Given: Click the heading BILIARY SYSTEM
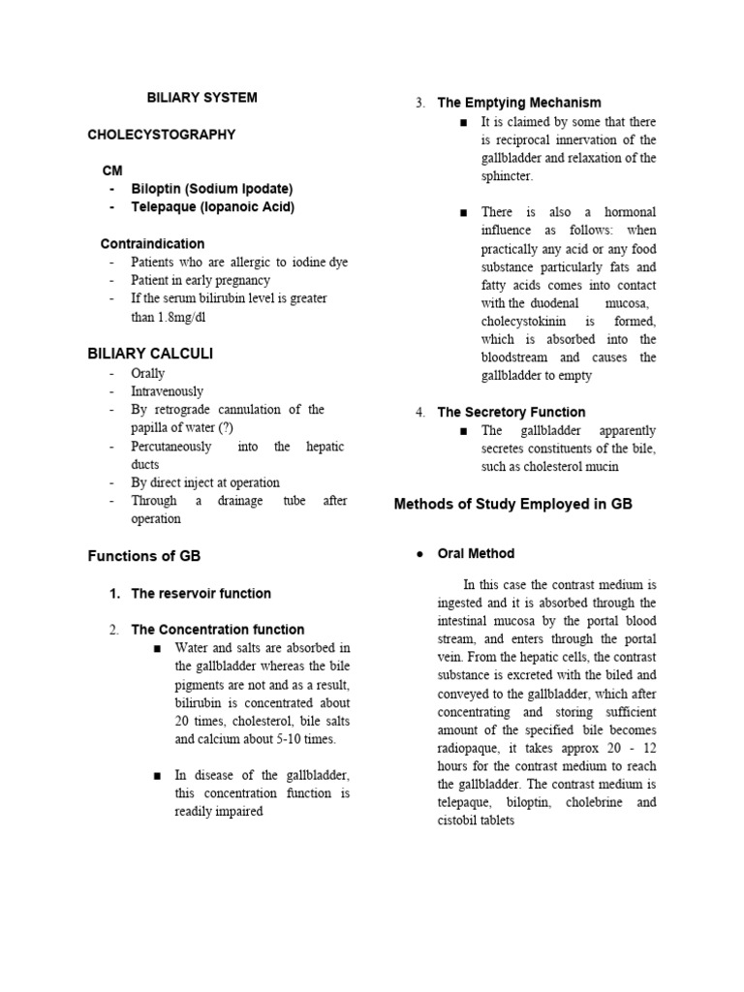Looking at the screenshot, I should tap(201, 98).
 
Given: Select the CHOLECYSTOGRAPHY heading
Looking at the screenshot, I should tap(162, 135).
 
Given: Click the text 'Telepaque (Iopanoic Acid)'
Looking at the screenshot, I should tap(213, 207).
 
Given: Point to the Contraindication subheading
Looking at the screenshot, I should tap(152, 244).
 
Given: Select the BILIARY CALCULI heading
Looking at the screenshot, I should tap(150, 354).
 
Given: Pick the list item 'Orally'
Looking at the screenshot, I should tap(148, 373).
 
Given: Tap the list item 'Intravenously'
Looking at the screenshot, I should tap(168, 391).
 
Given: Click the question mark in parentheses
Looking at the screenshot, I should tap(224, 428).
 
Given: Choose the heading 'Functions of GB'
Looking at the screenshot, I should tap(144, 556).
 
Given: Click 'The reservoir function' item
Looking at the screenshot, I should tap(201, 593).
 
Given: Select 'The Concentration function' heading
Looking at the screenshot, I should tap(217, 630).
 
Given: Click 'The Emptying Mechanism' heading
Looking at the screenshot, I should tap(519, 103).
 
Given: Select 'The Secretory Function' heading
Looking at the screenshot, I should tap(511, 412).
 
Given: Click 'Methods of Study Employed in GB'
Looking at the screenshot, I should tap(512, 504).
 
